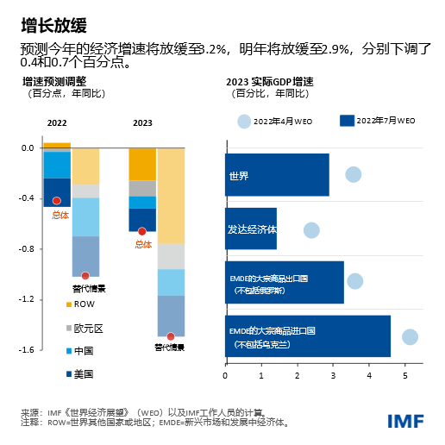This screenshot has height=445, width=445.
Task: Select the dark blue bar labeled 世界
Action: [x=277, y=175]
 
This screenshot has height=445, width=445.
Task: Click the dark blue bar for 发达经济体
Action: [x=251, y=229]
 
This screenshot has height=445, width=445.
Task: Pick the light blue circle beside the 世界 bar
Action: [x=354, y=174]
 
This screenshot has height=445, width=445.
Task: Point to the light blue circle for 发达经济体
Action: [x=311, y=229]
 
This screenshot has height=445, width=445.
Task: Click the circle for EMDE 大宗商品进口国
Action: [x=410, y=336]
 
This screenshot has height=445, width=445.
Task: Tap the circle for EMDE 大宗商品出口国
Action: [x=354, y=281]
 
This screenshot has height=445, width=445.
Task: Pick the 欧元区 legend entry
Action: [x=84, y=328]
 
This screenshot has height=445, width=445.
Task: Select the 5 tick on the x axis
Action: [x=406, y=375]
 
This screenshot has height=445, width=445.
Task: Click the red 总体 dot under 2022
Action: [x=57, y=200]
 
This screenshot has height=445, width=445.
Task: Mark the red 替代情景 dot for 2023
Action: [x=171, y=336]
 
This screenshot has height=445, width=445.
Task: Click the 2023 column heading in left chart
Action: [x=142, y=122]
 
